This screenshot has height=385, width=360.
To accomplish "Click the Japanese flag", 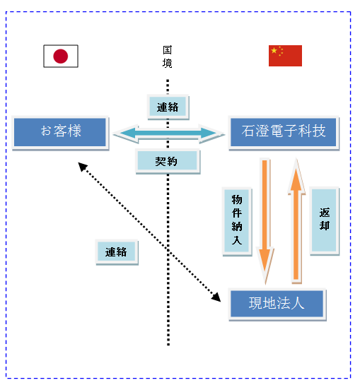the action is click(61, 56).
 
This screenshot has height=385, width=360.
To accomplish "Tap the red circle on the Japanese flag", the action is click(61, 57).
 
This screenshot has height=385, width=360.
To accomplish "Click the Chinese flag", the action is click(285, 56).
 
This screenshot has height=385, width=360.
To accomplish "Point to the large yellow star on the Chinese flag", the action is click(274, 51).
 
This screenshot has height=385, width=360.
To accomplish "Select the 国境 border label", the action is click(167, 57).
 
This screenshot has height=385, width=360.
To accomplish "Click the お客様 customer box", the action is click(60, 132).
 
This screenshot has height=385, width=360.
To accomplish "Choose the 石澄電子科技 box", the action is click(284, 132).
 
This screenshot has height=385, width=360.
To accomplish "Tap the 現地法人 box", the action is click(277, 304).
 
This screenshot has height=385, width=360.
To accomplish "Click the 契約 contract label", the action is click(168, 161).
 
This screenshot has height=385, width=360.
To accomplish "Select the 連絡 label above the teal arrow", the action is click(168, 107).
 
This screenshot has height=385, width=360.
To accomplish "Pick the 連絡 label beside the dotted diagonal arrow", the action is click(117, 252).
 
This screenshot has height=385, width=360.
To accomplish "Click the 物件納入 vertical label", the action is click(237, 221).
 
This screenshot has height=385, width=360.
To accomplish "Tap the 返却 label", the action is click(325, 220).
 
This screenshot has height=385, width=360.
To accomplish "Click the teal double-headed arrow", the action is click(169, 134).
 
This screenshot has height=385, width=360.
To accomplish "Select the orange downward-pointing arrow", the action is click(265, 220).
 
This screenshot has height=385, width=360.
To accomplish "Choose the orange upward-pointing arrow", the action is click(296, 220).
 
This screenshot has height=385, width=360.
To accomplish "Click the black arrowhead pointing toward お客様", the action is click(83, 167).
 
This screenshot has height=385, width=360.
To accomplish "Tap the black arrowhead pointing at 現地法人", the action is click(216, 297).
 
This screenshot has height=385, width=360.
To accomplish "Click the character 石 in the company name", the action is click(248, 131).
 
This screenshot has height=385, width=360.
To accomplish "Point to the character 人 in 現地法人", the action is click(297, 303).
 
